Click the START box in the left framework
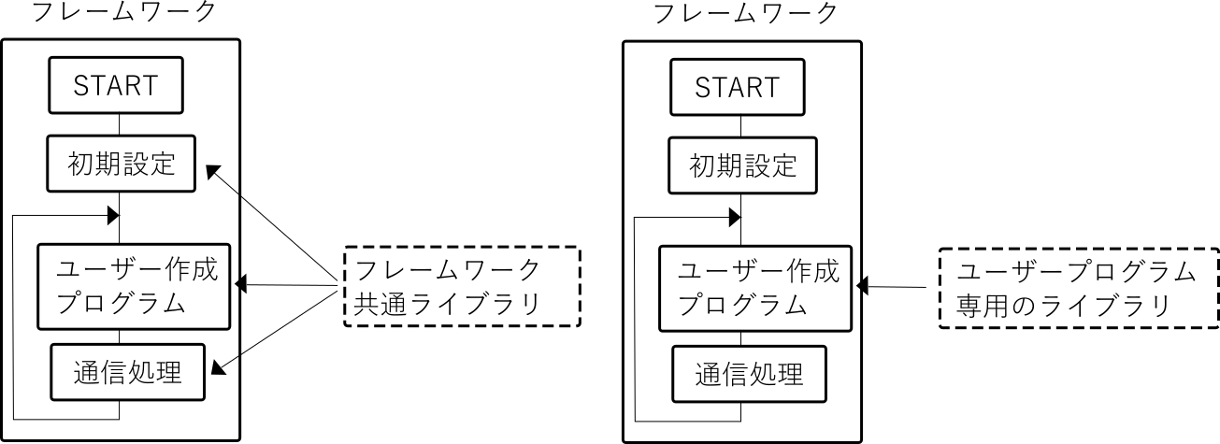(x=117, y=87)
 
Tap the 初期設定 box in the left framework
(x=121, y=165)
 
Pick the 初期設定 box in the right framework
(x=742, y=165)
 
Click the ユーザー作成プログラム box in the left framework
(x=135, y=287)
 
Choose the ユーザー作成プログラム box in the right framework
(x=756, y=288)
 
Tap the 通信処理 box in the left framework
(x=125, y=372)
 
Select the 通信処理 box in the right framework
(x=749, y=374)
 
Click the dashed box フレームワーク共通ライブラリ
(x=462, y=286)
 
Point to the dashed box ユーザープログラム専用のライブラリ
(x=1078, y=288)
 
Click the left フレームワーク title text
(x=123, y=12)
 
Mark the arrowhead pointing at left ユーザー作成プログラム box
(x=240, y=283)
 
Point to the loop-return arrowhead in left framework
(x=113, y=215)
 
